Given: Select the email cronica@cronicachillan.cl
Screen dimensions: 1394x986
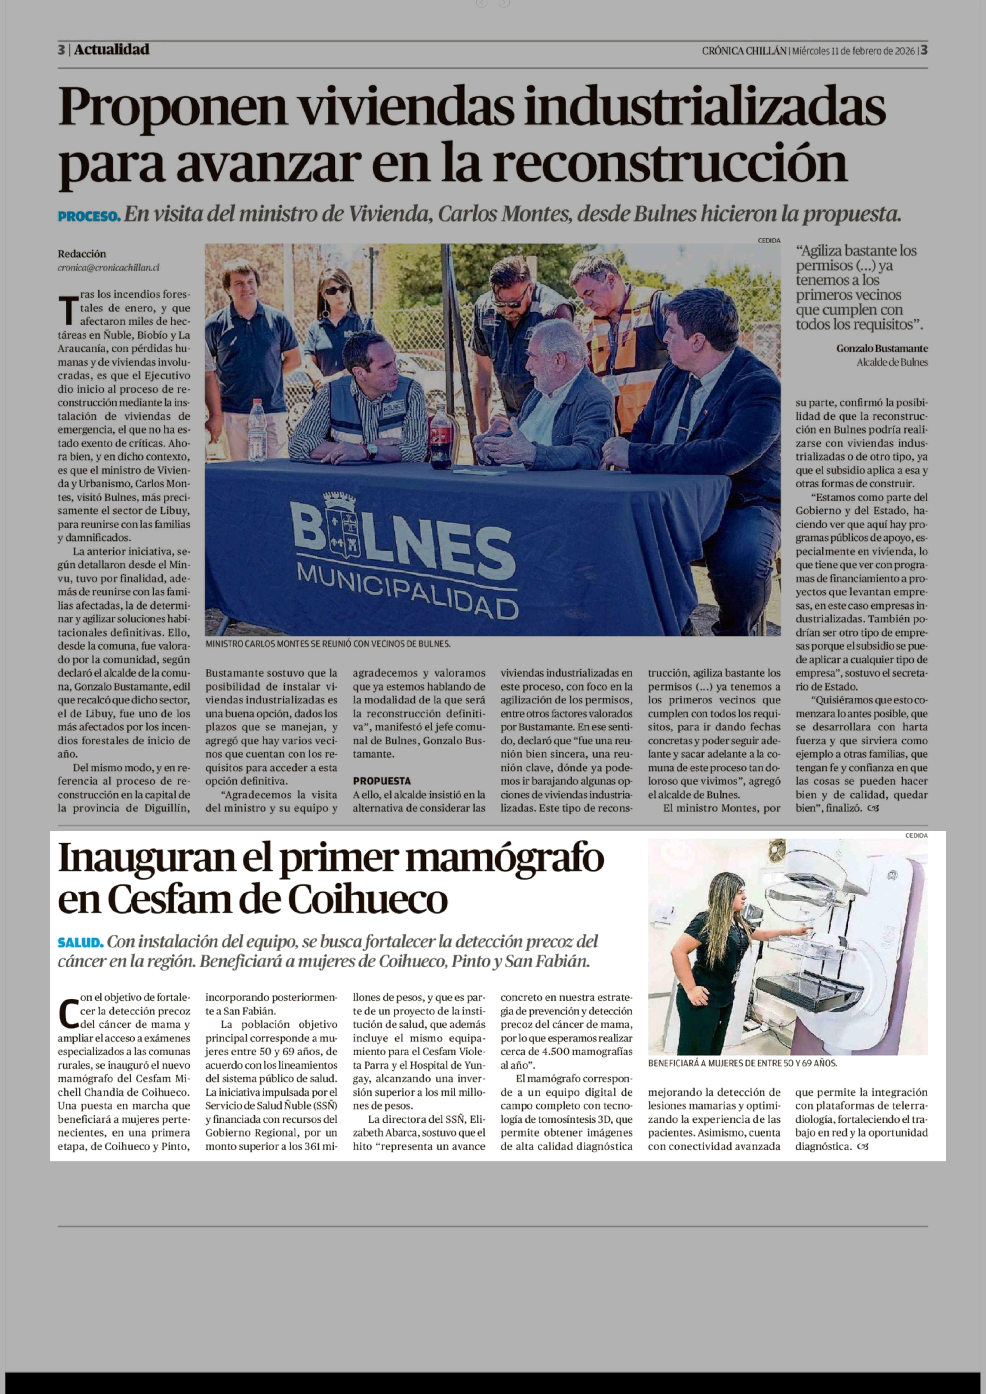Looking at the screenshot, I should click(109, 267).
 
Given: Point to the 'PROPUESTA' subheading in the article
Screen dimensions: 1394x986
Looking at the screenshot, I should click(381, 781).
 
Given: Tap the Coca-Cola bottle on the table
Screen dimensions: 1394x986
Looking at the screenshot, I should click(440, 438).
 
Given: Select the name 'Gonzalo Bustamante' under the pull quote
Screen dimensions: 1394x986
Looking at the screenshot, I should click(882, 349).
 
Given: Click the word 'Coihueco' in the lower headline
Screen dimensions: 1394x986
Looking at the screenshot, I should click(367, 900).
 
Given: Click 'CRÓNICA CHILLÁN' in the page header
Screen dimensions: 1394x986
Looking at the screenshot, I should click(744, 51).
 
